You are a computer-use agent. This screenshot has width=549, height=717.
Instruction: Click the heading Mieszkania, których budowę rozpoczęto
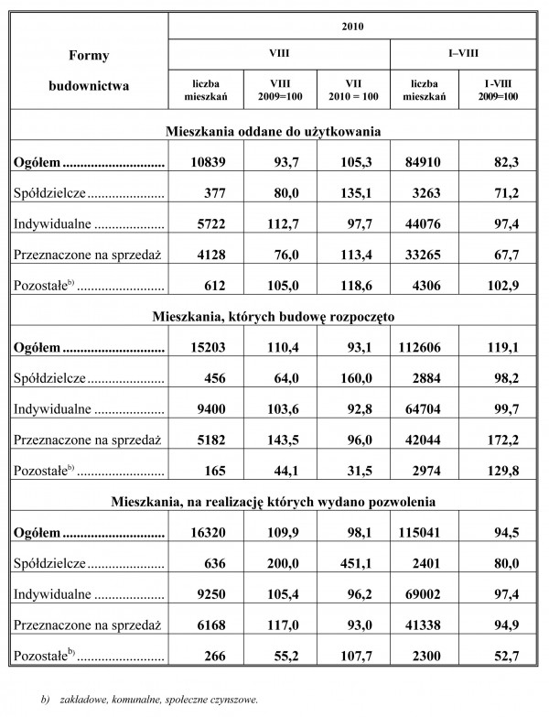(x=274, y=318)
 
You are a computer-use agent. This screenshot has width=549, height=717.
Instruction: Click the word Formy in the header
(x=89, y=56)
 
